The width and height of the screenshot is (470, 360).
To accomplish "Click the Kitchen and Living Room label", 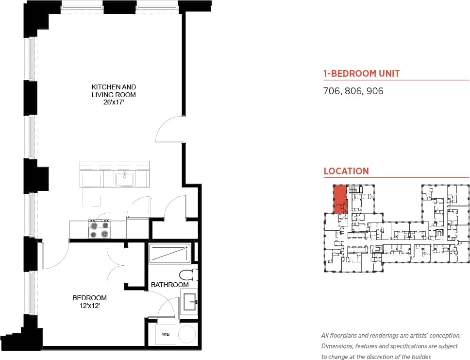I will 114,91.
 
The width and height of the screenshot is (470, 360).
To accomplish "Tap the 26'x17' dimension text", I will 114,103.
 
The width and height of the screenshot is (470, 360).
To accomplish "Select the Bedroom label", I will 89,298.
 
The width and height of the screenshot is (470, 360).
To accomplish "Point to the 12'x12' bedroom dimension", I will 89,306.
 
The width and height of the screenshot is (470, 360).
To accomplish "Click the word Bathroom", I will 169,285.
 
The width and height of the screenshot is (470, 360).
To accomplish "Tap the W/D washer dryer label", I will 166,334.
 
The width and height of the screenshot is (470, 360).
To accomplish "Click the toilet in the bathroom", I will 188,274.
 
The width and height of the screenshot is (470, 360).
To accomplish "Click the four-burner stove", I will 99,229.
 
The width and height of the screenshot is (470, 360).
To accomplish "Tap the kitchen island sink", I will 125,179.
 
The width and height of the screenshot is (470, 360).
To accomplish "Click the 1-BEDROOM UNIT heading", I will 361,74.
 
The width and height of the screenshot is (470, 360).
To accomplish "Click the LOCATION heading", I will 346,171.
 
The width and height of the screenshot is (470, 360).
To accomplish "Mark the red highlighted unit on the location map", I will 340,199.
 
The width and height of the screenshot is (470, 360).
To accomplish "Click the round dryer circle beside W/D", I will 186,334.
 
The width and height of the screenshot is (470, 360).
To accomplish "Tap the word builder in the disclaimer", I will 418,357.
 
